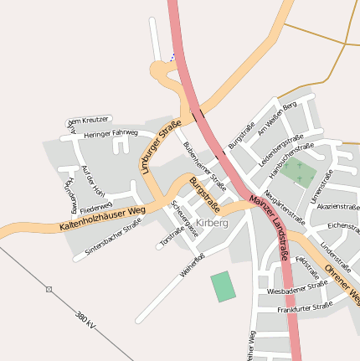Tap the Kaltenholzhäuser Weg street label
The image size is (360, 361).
103,218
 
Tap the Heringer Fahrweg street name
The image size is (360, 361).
111,133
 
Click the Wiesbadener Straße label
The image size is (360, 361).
297,289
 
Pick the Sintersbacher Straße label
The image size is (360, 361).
113,236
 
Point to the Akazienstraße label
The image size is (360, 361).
338,206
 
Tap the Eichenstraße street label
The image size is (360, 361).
343,225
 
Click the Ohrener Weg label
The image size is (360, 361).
342,283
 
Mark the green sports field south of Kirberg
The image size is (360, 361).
223,286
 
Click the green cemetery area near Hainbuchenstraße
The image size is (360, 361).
298,173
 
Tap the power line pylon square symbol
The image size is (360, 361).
49,289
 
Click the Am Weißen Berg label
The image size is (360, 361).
277,116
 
